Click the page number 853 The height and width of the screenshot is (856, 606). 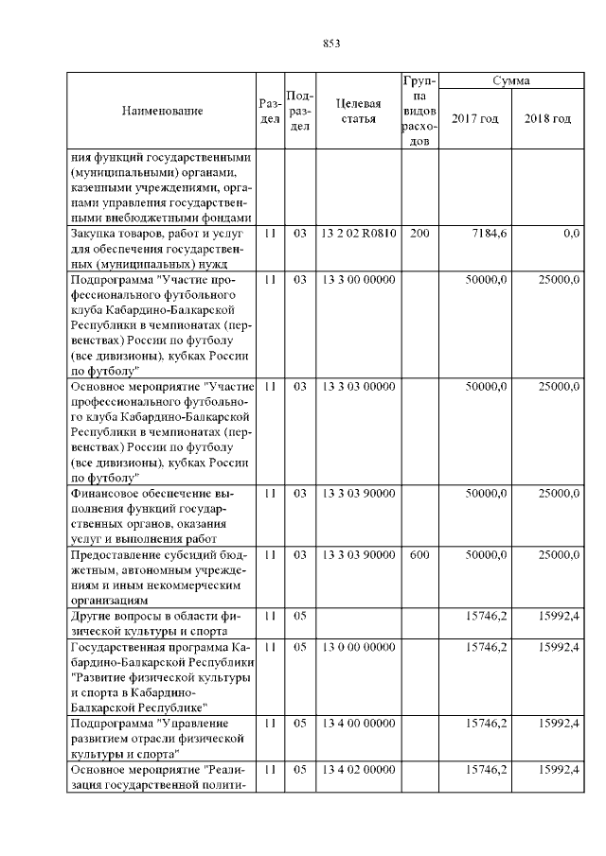click(x=330, y=43)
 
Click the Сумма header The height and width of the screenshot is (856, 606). click(x=510, y=82)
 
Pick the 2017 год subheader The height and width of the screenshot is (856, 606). click(x=475, y=118)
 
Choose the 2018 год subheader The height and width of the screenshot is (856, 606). click(x=547, y=118)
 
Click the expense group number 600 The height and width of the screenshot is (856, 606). click(x=419, y=555)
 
